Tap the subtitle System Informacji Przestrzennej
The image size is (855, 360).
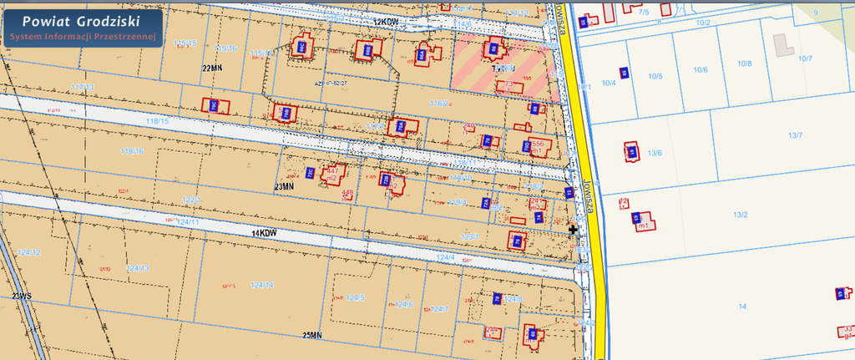click(x=82, y=37)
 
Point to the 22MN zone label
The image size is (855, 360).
click(x=212, y=67)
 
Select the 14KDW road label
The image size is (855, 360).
click(x=263, y=233)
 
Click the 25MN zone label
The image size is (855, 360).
click(x=311, y=335)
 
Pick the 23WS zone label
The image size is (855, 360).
click(x=20, y=297)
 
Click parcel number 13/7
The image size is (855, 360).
click(x=795, y=135)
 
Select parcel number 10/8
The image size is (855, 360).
click(x=744, y=63)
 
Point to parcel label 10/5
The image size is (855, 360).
click(x=655, y=77)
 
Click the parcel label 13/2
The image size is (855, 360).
click(x=740, y=215)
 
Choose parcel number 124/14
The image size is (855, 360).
click(x=262, y=285)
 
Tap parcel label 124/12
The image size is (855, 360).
click(x=29, y=252)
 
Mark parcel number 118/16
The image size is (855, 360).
click(x=132, y=151)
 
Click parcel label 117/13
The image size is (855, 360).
click(x=83, y=88)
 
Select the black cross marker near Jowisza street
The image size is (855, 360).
click(x=573, y=229)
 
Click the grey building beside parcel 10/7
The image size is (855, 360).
click(x=783, y=44)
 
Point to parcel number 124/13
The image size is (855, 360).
click(x=138, y=268)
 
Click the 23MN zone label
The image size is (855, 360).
click(x=284, y=186)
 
